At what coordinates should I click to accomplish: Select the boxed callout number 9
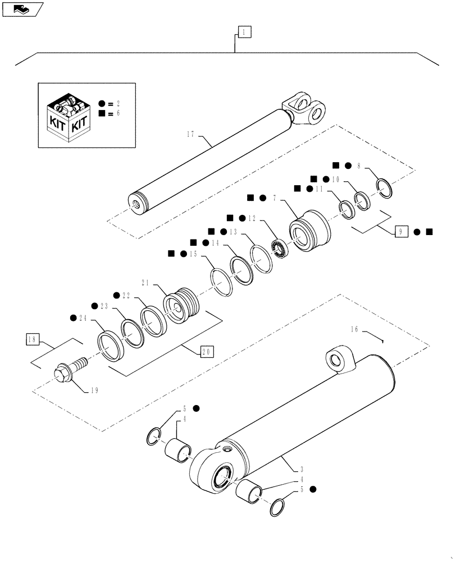[402, 232]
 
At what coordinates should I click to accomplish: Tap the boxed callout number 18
[33, 339]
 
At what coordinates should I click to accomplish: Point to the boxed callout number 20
[206, 352]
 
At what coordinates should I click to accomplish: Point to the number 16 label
[355, 331]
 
